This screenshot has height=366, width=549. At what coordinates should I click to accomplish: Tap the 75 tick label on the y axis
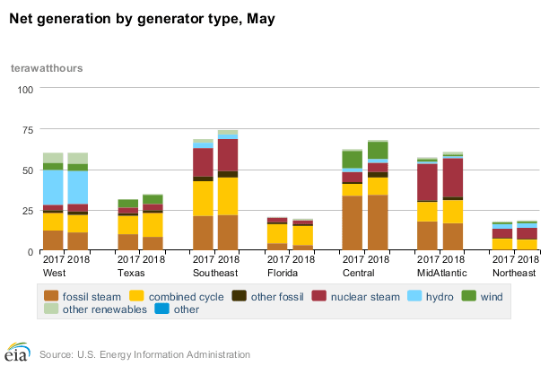pyautogui.click(x=27, y=130)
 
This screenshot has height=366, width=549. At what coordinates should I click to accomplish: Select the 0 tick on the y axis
pyautogui.click(x=30, y=251)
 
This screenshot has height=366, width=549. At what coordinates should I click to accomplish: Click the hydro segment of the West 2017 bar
pyautogui.click(x=53, y=187)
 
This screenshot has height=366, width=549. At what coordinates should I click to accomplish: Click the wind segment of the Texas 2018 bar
pyautogui.click(x=153, y=199)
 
